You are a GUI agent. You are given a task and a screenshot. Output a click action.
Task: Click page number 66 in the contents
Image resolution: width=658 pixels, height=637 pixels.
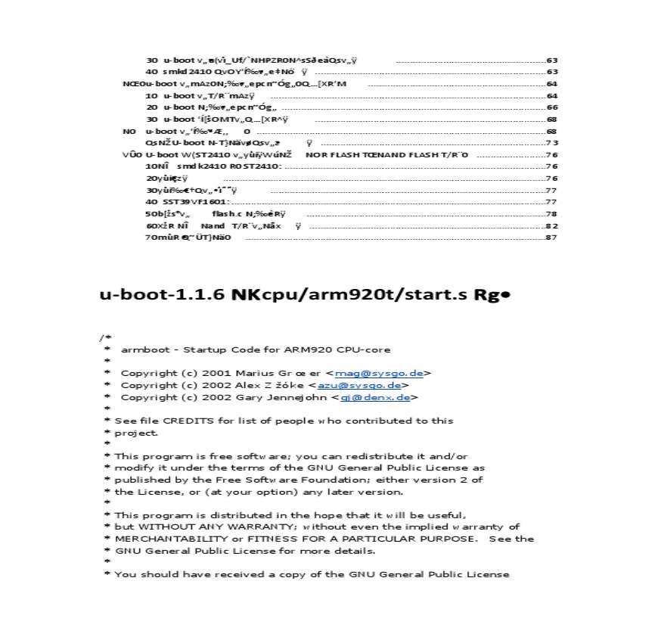[x=551, y=107]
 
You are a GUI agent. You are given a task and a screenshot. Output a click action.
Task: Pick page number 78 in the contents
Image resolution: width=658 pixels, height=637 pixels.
[x=551, y=214]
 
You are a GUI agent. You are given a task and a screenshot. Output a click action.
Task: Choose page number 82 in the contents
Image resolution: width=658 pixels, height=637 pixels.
[x=551, y=225]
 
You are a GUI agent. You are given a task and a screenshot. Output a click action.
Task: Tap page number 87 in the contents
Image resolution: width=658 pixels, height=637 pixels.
[x=551, y=238]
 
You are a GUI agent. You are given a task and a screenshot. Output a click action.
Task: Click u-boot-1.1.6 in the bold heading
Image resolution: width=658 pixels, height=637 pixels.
[x=162, y=294]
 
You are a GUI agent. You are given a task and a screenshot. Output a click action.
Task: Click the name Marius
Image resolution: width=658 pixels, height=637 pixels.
[x=253, y=373]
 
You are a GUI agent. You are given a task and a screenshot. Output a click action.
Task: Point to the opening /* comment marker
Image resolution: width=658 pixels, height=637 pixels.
[x=105, y=337]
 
